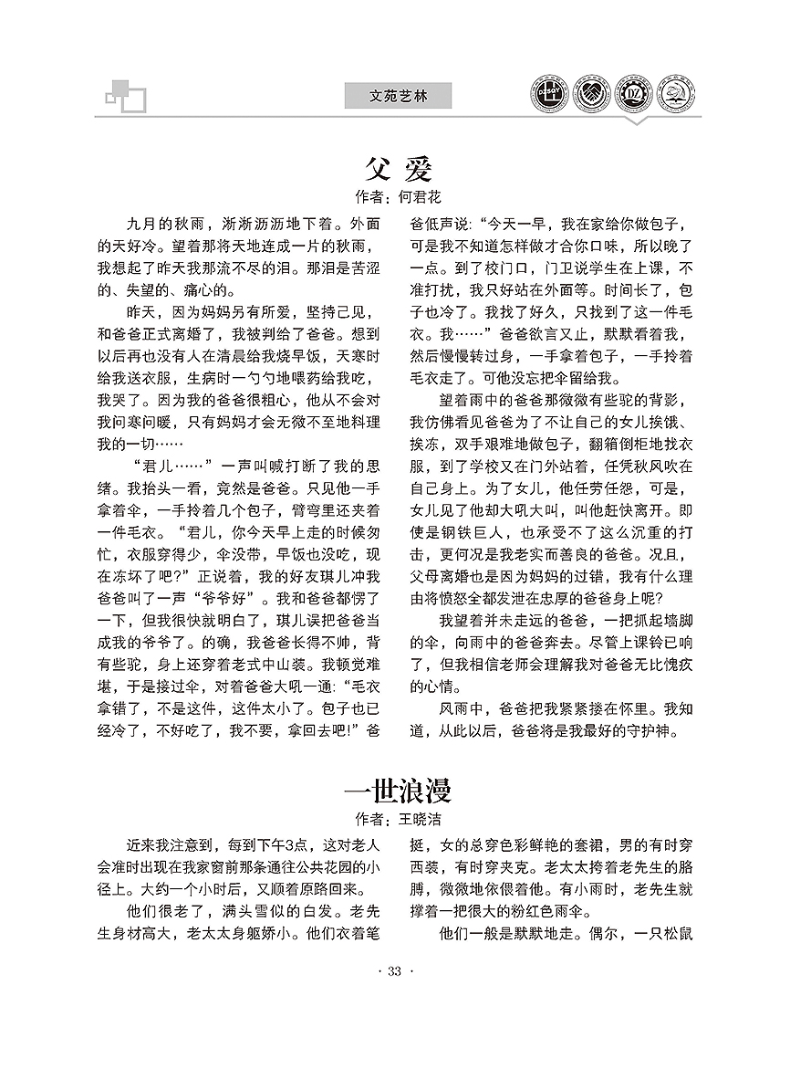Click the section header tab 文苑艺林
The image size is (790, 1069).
click(x=399, y=95)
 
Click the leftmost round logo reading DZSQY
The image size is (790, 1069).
click(x=551, y=94)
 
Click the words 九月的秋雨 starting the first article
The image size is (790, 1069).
click(x=165, y=224)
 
